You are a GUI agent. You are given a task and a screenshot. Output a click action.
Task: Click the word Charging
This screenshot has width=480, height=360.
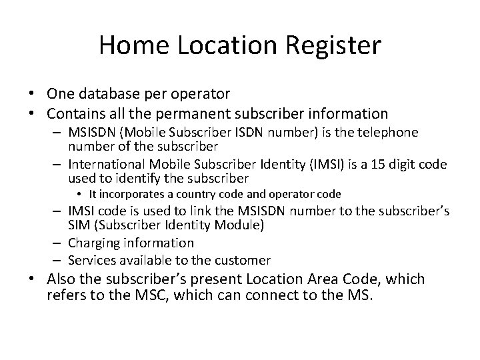pyautogui.click(x=95, y=243)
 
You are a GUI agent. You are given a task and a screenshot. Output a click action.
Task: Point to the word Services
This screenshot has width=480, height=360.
pyautogui.click(x=93, y=260)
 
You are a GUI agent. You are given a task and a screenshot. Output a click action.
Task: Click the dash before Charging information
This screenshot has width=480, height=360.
pyautogui.click(x=59, y=243)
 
